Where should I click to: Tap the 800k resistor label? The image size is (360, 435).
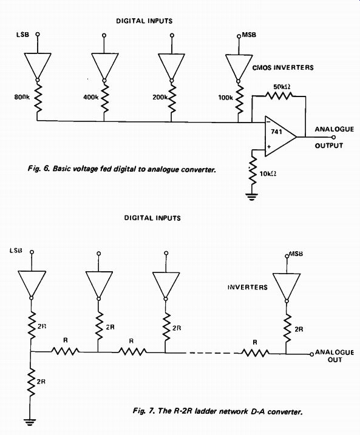click(x=22, y=97)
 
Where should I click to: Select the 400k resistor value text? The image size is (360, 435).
click(x=91, y=97)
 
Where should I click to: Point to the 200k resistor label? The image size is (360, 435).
click(x=160, y=97)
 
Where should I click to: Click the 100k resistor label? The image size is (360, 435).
click(x=225, y=98)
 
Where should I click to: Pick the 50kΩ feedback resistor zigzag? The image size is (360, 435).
click(x=279, y=96)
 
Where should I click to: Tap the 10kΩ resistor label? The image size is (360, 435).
click(x=268, y=174)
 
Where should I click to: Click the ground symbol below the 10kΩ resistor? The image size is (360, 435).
click(x=252, y=197)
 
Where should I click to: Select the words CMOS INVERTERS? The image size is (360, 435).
click(x=283, y=67)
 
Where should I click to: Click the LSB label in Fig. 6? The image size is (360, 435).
click(x=22, y=35)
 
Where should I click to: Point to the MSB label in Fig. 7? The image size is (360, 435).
click(x=296, y=254)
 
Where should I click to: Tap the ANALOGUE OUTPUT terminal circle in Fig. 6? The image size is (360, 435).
click(x=334, y=137)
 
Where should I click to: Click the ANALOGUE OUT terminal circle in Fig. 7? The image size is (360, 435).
click(x=311, y=354)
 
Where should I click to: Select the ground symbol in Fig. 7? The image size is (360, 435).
click(x=30, y=422)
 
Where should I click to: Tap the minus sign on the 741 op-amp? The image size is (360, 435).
click(x=268, y=121)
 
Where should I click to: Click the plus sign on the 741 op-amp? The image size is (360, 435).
click(x=269, y=147)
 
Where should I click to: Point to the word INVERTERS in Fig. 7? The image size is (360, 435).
click(x=248, y=287)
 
